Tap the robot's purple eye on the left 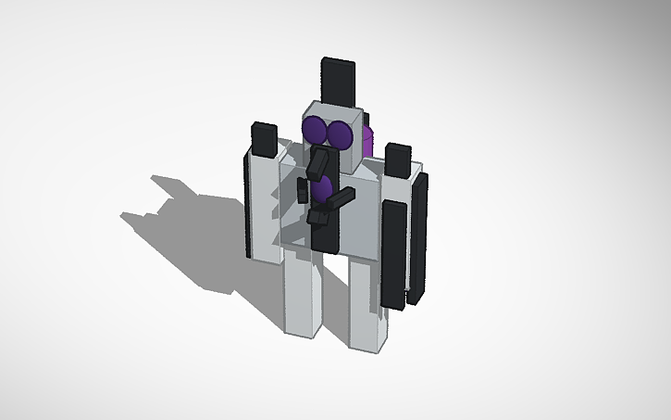coord(316,131)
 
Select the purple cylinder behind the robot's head coord(367,141)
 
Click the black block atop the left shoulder coord(264,138)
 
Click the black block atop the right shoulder coord(399,161)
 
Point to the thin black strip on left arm coord(248,204)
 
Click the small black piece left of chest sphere coord(303,191)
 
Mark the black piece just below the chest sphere coord(320,218)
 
